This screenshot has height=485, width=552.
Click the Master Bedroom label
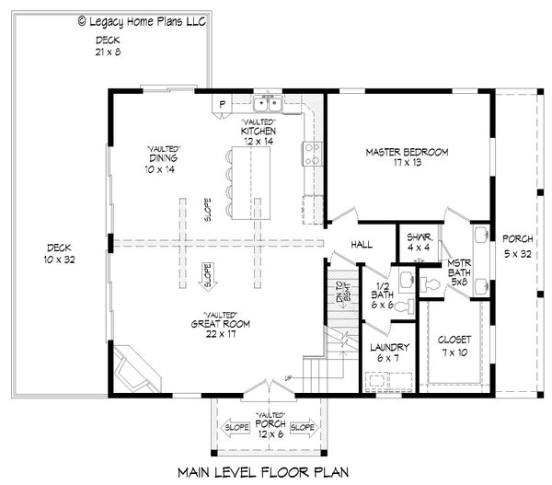coord(406,157)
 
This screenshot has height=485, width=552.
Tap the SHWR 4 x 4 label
coord(418,241)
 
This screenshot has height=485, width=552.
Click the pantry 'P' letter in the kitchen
coord(223,103)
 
